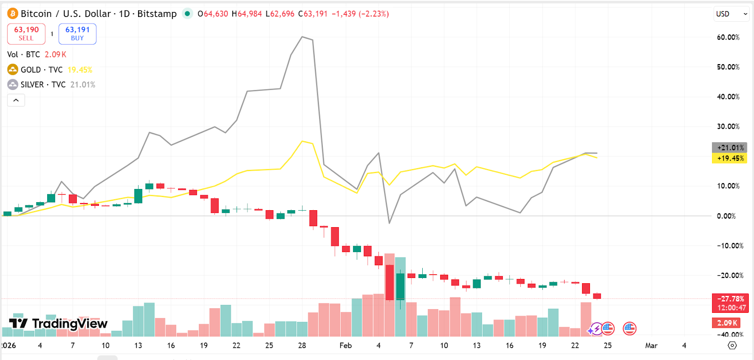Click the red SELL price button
(x=26, y=33)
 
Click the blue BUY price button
(x=77, y=33)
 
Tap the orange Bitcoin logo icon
(x=12, y=14)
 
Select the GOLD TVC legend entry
(x=41, y=70)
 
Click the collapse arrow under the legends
(x=16, y=100)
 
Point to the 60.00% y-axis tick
(x=728, y=37)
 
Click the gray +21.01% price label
(x=729, y=147)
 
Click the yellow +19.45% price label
(x=729, y=158)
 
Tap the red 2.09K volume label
(x=726, y=323)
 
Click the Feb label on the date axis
(x=345, y=345)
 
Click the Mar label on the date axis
(x=651, y=345)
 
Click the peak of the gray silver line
(x=302, y=37)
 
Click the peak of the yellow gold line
(x=302, y=141)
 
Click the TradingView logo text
(x=70, y=324)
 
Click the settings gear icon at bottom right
(x=732, y=345)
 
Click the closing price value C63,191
(x=312, y=14)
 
